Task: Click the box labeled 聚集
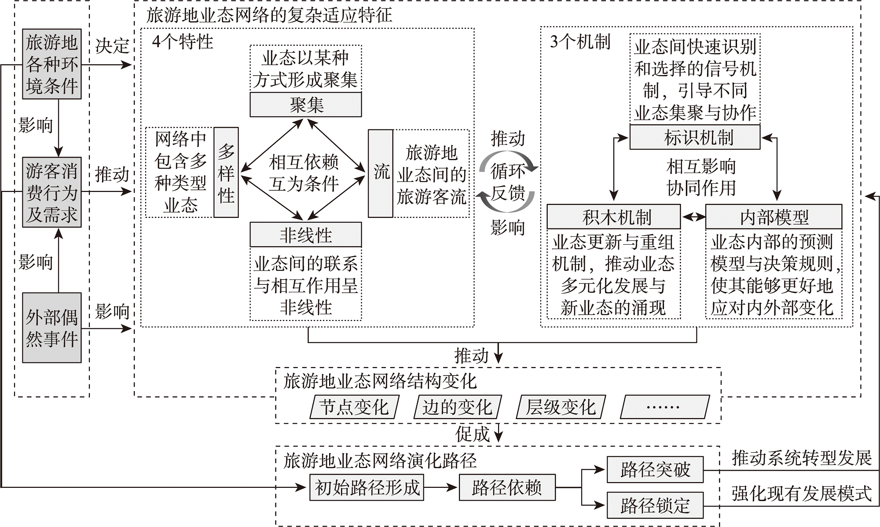click(306, 105)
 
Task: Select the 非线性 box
click(306, 235)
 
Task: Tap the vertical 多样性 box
click(226, 173)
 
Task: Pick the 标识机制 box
click(695, 137)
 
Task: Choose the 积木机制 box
click(613, 217)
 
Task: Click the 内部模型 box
click(774, 217)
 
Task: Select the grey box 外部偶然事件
click(52, 328)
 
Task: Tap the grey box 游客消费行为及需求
click(52, 192)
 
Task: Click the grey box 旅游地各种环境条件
click(52, 65)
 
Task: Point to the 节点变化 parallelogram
click(354, 407)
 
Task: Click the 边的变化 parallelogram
click(458, 407)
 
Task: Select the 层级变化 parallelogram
click(561, 407)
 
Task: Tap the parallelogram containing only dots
click(664, 407)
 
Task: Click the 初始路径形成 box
click(367, 487)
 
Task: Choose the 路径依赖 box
click(507, 487)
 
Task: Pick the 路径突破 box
click(655, 470)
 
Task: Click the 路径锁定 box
click(655, 505)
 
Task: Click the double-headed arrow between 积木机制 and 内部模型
click(693, 217)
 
